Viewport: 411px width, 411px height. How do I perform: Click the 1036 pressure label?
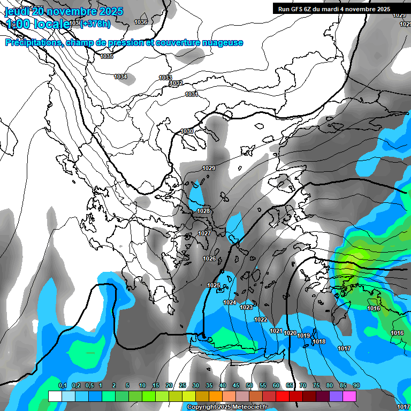pos(141,22)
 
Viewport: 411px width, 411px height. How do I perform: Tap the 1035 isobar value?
pos(106,56)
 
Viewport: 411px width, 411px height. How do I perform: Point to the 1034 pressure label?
pos(120,77)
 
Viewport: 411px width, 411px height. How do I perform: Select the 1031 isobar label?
pos(192,94)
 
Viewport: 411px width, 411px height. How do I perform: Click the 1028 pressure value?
pos(203,211)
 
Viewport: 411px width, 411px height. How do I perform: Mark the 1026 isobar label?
pos(209,258)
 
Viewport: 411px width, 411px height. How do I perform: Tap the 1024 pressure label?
pos(230,302)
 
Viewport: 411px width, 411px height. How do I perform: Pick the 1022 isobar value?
pos(261,319)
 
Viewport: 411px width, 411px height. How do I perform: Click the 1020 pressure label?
pos(290,333)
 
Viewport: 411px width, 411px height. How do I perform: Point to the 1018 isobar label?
pos(319,341)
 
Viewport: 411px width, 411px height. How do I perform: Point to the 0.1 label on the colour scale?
pos(62,386)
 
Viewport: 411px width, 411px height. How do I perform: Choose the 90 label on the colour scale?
pos(356,386)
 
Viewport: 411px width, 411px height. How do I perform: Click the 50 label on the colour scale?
pos(249,386)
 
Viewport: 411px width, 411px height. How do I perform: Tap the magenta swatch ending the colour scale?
pos(349,396)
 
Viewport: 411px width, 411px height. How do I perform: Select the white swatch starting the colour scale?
pos(55,396)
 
